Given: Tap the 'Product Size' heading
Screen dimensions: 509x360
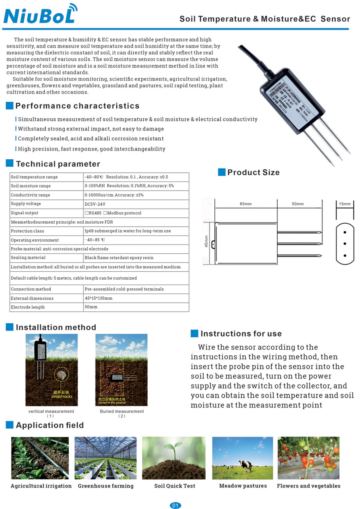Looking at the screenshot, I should point(253,172).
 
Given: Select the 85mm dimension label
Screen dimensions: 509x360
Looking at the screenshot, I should point(246,204).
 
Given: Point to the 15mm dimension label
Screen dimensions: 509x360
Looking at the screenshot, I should point(344,204).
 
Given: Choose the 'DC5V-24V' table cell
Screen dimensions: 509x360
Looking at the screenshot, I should point(95,204).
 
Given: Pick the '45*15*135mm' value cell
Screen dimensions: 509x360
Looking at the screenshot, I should point(98,298).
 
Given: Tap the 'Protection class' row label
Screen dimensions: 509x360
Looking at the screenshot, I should point(28,231).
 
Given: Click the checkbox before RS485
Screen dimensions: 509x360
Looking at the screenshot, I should point(86,213).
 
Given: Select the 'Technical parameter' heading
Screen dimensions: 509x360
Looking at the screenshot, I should point(58,164).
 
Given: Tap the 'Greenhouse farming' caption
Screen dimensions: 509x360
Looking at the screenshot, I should point(106,486).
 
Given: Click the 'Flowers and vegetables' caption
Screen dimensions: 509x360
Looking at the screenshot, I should point(308,486).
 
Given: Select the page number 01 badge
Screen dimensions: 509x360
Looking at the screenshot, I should point(175,505).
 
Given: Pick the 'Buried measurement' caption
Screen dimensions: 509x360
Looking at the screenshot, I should point(122,411).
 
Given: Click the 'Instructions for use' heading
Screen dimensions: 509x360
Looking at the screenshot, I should point(241,334).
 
